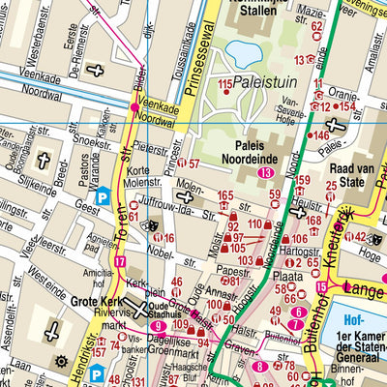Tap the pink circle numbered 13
(265, 172)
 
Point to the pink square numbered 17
(120, 261)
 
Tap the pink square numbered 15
(322, 288)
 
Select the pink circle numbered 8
(258, 366)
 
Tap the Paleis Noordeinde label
(267, 144)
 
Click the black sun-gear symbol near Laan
(60, 362)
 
